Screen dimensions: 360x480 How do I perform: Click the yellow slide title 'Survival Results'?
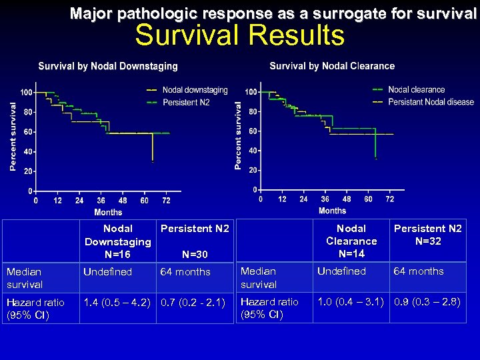coord(239,35)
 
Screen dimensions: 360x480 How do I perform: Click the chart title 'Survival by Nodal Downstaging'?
coord(108,67)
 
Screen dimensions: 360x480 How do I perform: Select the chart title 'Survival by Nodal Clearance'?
coord(332,66)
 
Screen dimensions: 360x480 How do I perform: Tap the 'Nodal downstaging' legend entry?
coord(195,90)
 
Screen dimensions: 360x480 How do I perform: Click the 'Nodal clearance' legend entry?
coord(416,89)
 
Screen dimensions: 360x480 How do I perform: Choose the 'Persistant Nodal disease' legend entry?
coord(431,102)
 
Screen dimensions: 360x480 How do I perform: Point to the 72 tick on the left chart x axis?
coord(166,200)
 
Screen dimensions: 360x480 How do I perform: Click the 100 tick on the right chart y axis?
coord(251,91)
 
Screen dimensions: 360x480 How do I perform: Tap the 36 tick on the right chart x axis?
coord(325,199)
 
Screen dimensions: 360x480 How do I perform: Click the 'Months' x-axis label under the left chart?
coord(108,212)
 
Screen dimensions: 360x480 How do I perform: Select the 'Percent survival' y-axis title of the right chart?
coord(239,135)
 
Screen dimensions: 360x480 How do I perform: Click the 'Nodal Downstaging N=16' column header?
coord(118,241)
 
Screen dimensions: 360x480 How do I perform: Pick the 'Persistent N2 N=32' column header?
coord(427,235)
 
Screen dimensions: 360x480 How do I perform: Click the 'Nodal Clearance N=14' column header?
coord(351,241)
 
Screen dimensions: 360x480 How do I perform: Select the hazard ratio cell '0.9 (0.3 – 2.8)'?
coord(427,301)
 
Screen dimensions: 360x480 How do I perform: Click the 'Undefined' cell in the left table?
coord(107,272)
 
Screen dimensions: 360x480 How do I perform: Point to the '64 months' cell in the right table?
coord(419,271)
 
